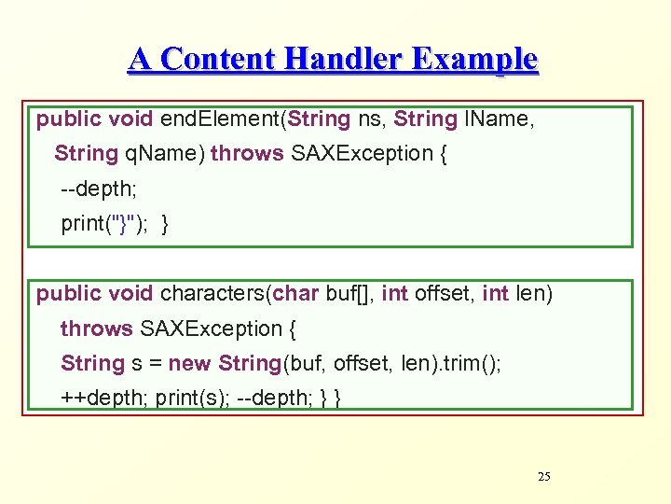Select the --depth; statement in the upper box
point(99,189)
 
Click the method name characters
point(213,294)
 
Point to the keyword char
point(296,294)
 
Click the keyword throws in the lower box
point(96,329)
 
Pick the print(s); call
point(193,399)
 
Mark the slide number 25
point(544,477)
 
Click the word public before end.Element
point(69,119)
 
